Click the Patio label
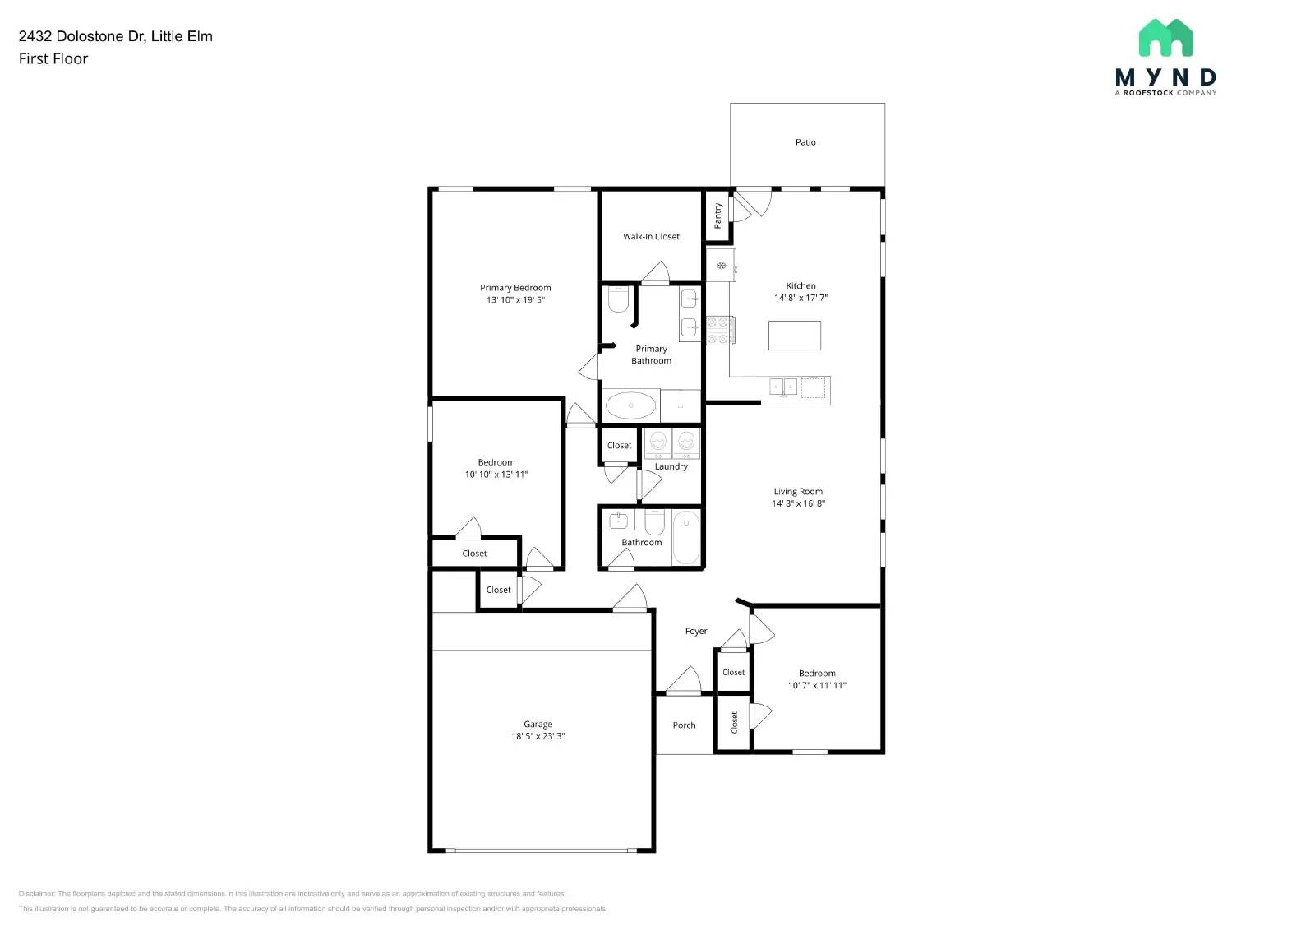click(x=805, y=142)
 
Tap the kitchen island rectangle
click(x=795, y=336)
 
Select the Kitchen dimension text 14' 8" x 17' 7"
click(x=801, y=298)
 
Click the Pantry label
click(x=717, y=215)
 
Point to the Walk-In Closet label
click(x=651, y=236)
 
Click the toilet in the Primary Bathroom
click(x=618, y=299)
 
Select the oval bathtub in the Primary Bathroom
click(x=630, y=405)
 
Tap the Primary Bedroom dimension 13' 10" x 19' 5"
click(x=515, y=299)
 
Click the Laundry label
click(x=671, y=466)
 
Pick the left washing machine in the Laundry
click(x=658, y=443)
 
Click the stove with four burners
click(x=720, y=331)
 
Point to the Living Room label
click(x=798, y=492)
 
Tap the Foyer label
click(x=696, y=632)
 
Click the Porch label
click(x=684, y=725)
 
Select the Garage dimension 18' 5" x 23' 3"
click(x=538, y=736)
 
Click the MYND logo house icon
click(x=1165, y=38)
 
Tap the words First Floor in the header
click(x=53, y=58)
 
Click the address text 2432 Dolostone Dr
click(x=81, y=36)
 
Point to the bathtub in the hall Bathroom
click(x=686, y=537)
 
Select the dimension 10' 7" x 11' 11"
click(x=817, y=685)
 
